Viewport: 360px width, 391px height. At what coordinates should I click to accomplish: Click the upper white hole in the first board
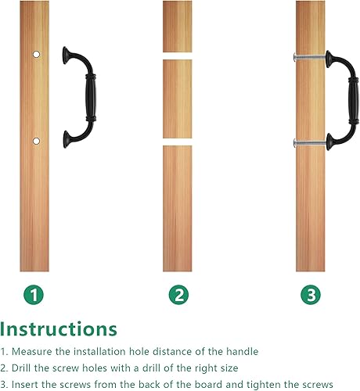click(x=37, y=54)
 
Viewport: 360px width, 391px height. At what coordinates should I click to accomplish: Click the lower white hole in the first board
click(x=37, y=141)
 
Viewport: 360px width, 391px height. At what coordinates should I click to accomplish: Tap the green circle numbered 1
click(x=34, y=295)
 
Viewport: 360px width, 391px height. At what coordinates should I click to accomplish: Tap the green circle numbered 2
click(x=178, y=295)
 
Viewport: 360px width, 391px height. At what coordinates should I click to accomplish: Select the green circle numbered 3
click(x=311, y=295)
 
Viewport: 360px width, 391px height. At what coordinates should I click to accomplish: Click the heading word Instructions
click(x=59, y=329)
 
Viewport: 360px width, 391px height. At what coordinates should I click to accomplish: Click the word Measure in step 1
click(x=32, y=352)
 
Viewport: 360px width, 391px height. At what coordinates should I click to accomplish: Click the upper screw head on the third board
click(x=295, y=57)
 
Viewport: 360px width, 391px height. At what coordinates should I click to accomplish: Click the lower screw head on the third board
click(x=295, y=143)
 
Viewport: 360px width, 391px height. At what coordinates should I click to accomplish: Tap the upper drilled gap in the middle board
click(x=178, y=56)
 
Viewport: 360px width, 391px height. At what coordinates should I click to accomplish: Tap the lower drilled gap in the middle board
click(x=178, y=142)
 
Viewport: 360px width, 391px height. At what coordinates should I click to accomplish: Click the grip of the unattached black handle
click(x=91, y=98)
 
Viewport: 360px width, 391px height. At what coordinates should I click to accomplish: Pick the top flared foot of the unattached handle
click(x=66, y=56)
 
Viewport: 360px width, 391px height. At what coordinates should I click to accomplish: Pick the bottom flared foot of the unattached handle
click(x=67, y=139)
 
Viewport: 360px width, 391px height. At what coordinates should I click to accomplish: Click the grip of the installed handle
click(x=354, y=101)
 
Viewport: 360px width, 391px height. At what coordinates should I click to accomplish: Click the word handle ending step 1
click(x=242, y=352)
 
